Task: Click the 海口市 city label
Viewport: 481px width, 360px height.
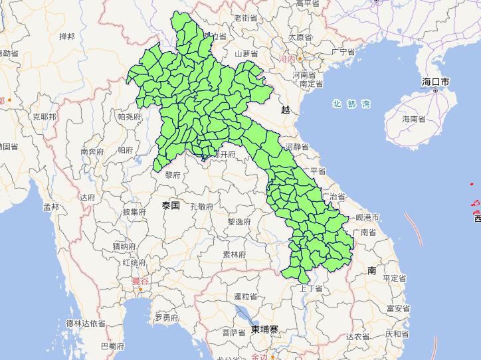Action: coord(435,82)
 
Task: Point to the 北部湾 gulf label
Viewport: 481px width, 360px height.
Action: coord(351,104)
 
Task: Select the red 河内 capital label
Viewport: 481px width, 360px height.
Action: coord(287,60)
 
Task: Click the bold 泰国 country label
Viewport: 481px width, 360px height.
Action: coord(171,206)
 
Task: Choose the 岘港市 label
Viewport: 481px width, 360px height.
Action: coord(367,217)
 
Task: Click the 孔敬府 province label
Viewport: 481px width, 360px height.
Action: coord(201,207)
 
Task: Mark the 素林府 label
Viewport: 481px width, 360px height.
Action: coord(234,254)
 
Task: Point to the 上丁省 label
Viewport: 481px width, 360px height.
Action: coord(311,288)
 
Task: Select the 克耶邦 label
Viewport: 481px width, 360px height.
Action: coord(45,116)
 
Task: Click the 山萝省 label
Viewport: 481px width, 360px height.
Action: coord(246,53)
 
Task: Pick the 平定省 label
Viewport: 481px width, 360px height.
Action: coord(395,278)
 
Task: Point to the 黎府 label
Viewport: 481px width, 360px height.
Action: coord(172,175)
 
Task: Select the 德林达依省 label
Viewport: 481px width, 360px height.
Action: coord(86,323)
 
